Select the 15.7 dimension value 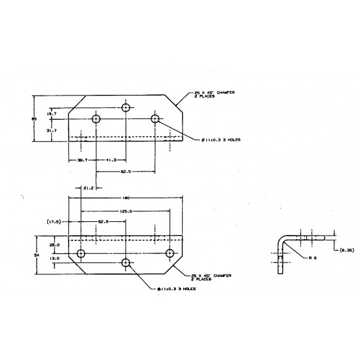click(51, 114)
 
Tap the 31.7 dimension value click(51, 130)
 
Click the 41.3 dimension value click(111, 160)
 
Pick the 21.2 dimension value click(89, 187)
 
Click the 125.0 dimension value click(127, 211)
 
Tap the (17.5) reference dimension click(54, 222)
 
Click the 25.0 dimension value click(54, 245)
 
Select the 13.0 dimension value click(54, 259)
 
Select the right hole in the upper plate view click(155, 118)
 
